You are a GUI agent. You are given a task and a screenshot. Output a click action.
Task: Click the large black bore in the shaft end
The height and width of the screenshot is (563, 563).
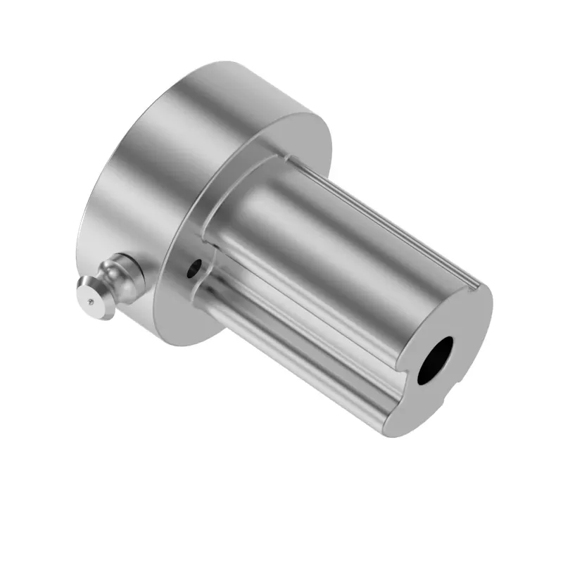(435, 360)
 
